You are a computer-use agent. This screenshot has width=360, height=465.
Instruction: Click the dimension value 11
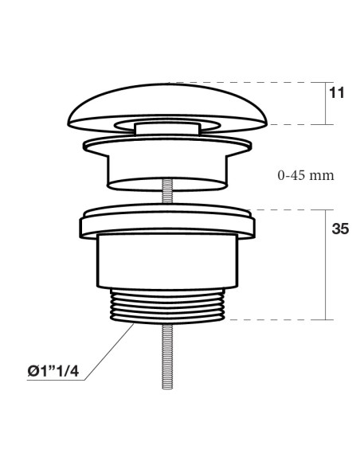[x=337, y=93]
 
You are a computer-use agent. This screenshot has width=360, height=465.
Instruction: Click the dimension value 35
[x=340, y=229]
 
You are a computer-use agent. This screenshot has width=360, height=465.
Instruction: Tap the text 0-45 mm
[x=306, y=175]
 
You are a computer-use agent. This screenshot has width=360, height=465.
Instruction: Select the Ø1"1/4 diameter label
[x=53, y=371]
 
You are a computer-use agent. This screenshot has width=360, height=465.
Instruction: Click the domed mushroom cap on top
[x=167, y=101]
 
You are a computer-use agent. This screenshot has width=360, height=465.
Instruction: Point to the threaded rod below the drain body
[x=167, y=356]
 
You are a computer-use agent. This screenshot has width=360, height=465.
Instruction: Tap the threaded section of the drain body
[x=167, y=307]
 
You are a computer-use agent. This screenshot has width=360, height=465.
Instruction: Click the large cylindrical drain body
[x=167, y=261]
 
